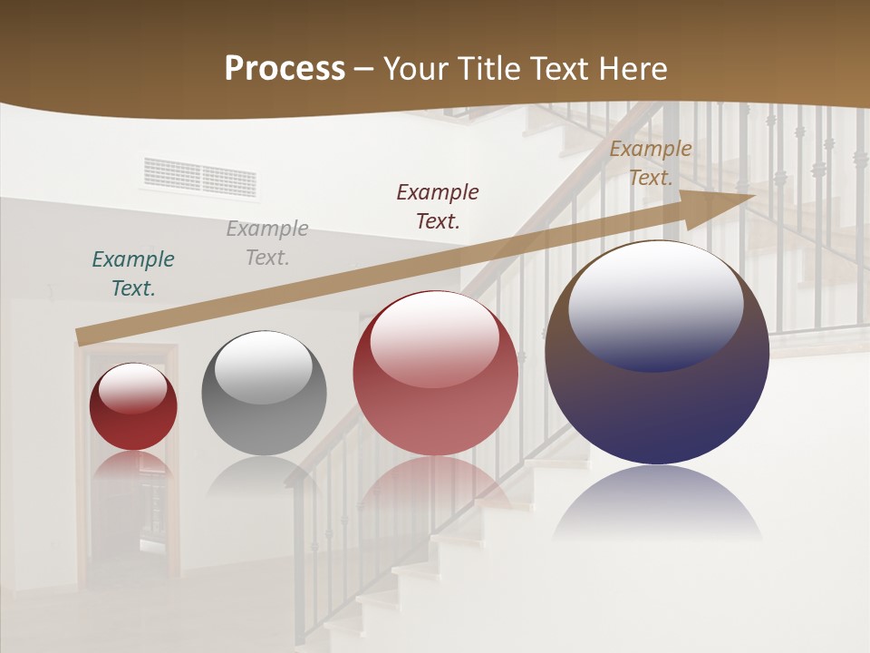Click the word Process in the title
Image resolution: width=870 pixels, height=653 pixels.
click(x=285, y=69)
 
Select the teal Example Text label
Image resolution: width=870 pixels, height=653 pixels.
click(x=133, y=274)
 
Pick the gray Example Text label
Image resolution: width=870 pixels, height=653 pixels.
click(x=267, y=243)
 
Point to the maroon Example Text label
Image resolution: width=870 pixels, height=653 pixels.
click(x=438, y=206)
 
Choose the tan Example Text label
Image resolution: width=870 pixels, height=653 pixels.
click(x=651, y=163)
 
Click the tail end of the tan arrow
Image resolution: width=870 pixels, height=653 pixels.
click(x=80, y=337)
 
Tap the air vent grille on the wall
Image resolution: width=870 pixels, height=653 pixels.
click(x=199, y=178)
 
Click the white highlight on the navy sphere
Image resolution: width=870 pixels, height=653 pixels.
click(x=655, y=304)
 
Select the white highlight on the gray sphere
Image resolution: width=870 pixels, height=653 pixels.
click(x=263, y=365)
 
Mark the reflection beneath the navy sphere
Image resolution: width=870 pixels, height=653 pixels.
click(x=657, y=503)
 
